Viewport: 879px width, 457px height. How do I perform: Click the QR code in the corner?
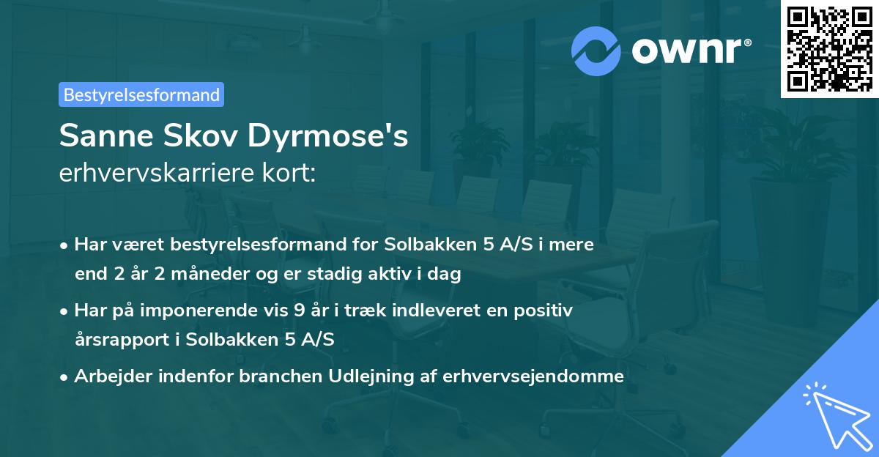coord(829,48)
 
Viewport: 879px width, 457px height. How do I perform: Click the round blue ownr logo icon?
coord(596,51)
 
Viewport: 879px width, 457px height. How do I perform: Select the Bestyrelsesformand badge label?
coord(141,94)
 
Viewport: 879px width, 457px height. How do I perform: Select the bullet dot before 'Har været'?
coord(64,246)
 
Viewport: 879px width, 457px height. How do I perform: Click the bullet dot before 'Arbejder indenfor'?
coord(64,378)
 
